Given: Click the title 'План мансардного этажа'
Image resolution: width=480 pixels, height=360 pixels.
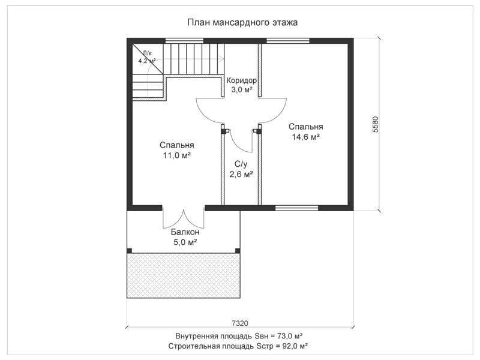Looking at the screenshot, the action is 242,23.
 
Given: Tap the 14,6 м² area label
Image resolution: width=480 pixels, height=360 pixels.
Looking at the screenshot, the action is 306,137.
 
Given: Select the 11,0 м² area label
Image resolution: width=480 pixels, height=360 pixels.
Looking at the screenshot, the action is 177,155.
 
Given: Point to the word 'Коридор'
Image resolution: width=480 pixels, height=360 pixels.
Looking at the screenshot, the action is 242,80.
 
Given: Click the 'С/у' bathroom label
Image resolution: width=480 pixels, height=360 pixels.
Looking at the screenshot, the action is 241,164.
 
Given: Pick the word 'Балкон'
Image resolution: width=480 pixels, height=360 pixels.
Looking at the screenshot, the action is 185,232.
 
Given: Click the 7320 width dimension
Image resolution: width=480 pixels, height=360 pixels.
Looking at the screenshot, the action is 240,323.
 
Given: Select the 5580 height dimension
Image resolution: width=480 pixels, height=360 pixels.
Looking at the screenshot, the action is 376,124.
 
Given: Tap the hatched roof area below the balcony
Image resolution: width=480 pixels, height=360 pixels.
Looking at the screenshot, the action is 184,275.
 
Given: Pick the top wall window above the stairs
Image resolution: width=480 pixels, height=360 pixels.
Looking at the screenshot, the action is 184,41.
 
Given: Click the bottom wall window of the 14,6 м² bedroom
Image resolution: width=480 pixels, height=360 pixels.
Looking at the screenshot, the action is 296,208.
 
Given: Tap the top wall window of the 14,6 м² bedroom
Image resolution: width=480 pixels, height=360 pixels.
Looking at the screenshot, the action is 288,41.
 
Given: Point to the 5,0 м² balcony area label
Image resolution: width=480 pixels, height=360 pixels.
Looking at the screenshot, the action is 185,242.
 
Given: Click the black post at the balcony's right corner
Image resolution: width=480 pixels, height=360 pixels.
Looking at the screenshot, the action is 238,251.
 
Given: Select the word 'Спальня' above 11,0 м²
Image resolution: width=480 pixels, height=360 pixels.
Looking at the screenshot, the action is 177,145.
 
